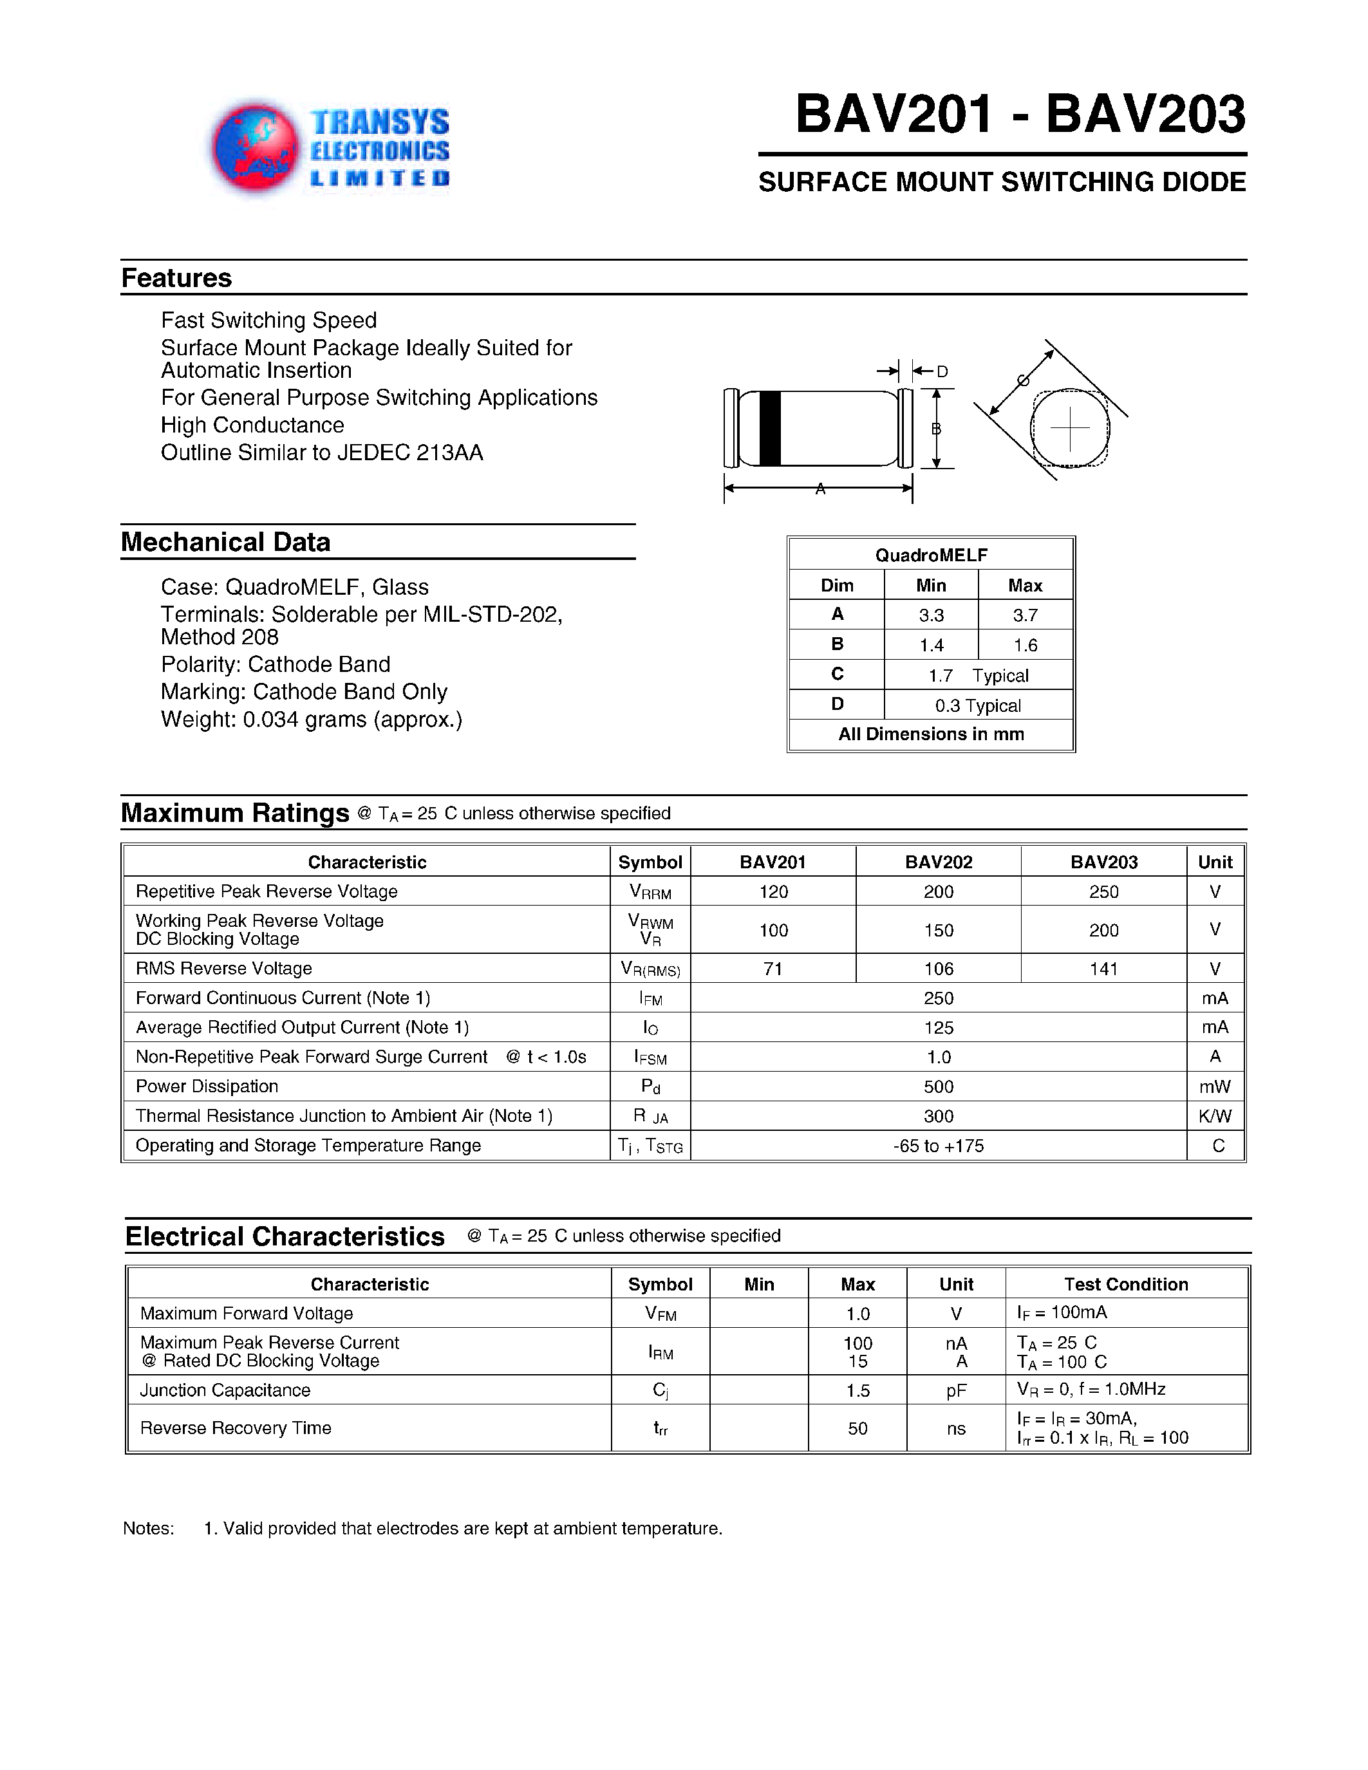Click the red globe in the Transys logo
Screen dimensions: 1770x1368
(254, 148)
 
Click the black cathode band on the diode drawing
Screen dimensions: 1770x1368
(769, 429)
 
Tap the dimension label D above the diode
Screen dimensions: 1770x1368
(942, 372)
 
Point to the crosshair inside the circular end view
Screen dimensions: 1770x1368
(1070, 429)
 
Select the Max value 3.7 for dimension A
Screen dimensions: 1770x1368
(1025, 615)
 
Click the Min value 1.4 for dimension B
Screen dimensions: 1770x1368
(931, 645)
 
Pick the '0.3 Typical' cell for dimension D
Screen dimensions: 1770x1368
(978, 705)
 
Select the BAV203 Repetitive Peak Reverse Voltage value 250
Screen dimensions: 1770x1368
(1104, 891)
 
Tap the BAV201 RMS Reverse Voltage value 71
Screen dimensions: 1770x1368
(773, 969)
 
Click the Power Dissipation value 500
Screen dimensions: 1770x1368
(939, 1087)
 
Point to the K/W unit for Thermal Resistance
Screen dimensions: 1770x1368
(1215, 1116)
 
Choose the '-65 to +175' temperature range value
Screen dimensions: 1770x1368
(939, 1146)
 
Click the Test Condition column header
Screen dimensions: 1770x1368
(1126, 1284)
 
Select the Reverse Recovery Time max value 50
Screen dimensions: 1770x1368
(857, 1428)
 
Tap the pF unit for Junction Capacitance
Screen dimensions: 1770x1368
(956, 1391)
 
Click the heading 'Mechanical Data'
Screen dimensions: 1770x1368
(225, 542)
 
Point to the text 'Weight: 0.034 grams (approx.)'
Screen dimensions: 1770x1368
(311, 720)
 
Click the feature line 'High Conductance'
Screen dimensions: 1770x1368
(252, 425)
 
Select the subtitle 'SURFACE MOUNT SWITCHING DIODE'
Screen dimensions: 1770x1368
(1002, 182)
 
